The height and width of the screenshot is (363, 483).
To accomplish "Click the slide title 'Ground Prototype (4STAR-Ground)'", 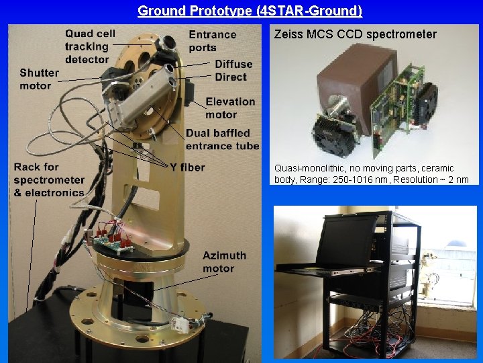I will click(x=250, y=11).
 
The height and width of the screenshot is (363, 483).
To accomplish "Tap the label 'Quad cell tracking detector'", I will click(x=90, y=46).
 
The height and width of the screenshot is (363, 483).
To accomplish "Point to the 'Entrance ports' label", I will click(x=212, y=40).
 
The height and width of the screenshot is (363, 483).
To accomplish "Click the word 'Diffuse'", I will click(x=233, y=64).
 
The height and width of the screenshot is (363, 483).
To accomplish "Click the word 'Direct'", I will click(x=230, y=77).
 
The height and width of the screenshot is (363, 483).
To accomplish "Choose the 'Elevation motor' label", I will click(x=230, y=108).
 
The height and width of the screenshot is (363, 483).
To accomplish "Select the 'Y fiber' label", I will click(x=187, y=167).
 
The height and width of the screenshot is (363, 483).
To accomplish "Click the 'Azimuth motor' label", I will click(x=224, y=261).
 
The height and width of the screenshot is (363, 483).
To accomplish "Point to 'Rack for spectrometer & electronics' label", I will click(x=48, y=179).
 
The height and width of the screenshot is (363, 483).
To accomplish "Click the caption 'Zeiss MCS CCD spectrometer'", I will click(x=355, y=34).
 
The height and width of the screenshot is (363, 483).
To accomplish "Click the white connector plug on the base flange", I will click(x=180, y=323).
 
